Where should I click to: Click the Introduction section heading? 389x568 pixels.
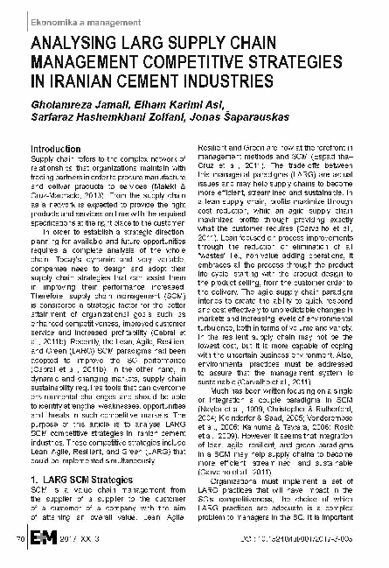coord(56,150)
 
